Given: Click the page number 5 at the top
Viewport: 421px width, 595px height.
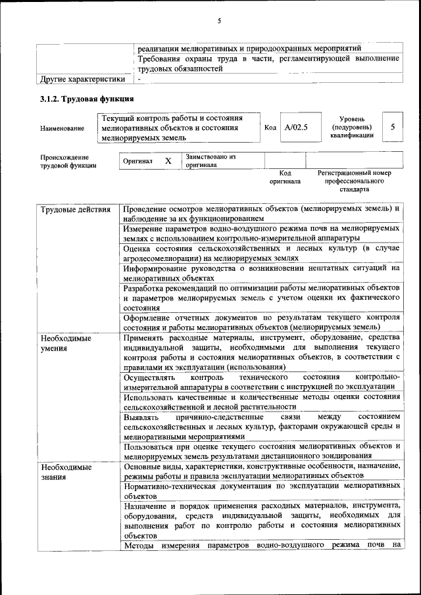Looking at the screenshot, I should click(219, 21).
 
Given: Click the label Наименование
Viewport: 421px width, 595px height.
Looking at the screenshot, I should click(62, 128).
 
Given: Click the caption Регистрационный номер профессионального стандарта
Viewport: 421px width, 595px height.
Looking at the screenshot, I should click(354, 181).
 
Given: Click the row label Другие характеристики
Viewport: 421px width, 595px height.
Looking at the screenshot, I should click(82, 80).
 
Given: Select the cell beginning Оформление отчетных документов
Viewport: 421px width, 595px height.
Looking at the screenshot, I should click(261, 321).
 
